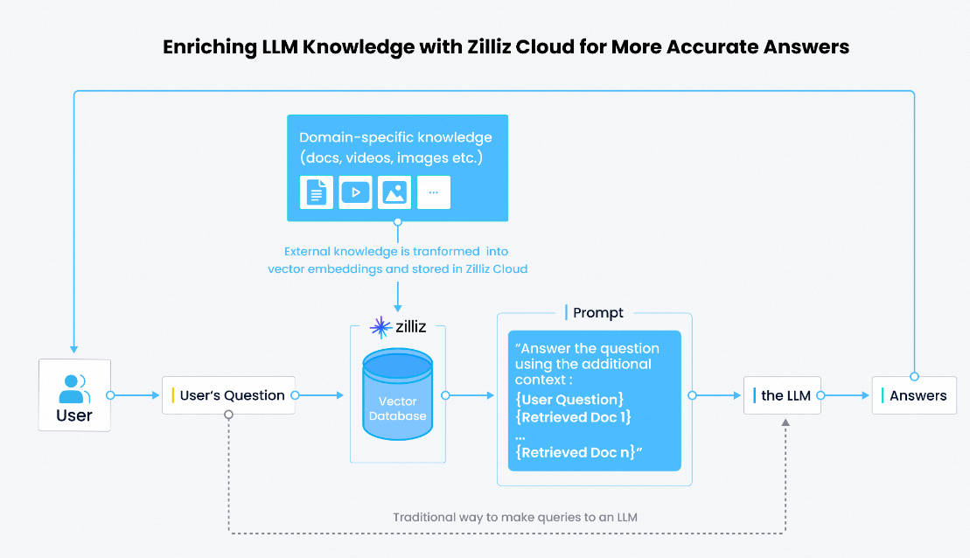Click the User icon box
(x=74, y=394)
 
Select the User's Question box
(x=229, y=395)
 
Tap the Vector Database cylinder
(x=397, y=394)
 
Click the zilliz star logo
(x=380, y=326)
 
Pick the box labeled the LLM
(x=782, y=395)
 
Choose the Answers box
(x=914, y=395)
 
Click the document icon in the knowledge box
(x=316, y=192)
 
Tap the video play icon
(x=355, y=192)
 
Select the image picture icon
(x=394, y=192)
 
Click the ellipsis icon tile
(x=434, y=192)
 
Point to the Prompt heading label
(x=597, y=313)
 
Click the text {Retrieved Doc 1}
(x=573, y=417)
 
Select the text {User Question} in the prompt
(x=569, y=400)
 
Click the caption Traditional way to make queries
(x=514, y=517)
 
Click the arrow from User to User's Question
(x=135, y=395)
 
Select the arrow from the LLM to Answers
(x=845, y=395)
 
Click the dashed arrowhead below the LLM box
(x=785, y=422)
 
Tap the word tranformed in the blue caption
(x=446, y=252)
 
